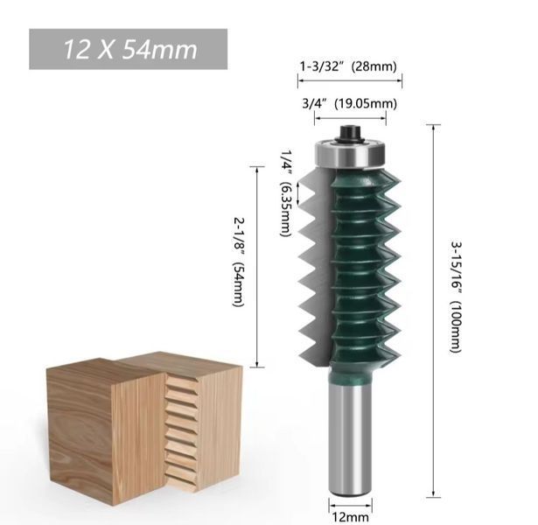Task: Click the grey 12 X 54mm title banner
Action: coord(128,49)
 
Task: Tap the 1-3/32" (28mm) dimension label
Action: coord(348,66)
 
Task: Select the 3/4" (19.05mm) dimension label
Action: coord(349,103)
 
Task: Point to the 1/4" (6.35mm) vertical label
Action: coord(285,192)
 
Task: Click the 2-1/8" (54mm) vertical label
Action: coord(238,262)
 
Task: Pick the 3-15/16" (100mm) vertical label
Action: coord(456,297)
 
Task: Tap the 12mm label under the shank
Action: coord(350,517)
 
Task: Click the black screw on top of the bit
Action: coord(350,134)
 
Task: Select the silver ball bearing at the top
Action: coord(350,153)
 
